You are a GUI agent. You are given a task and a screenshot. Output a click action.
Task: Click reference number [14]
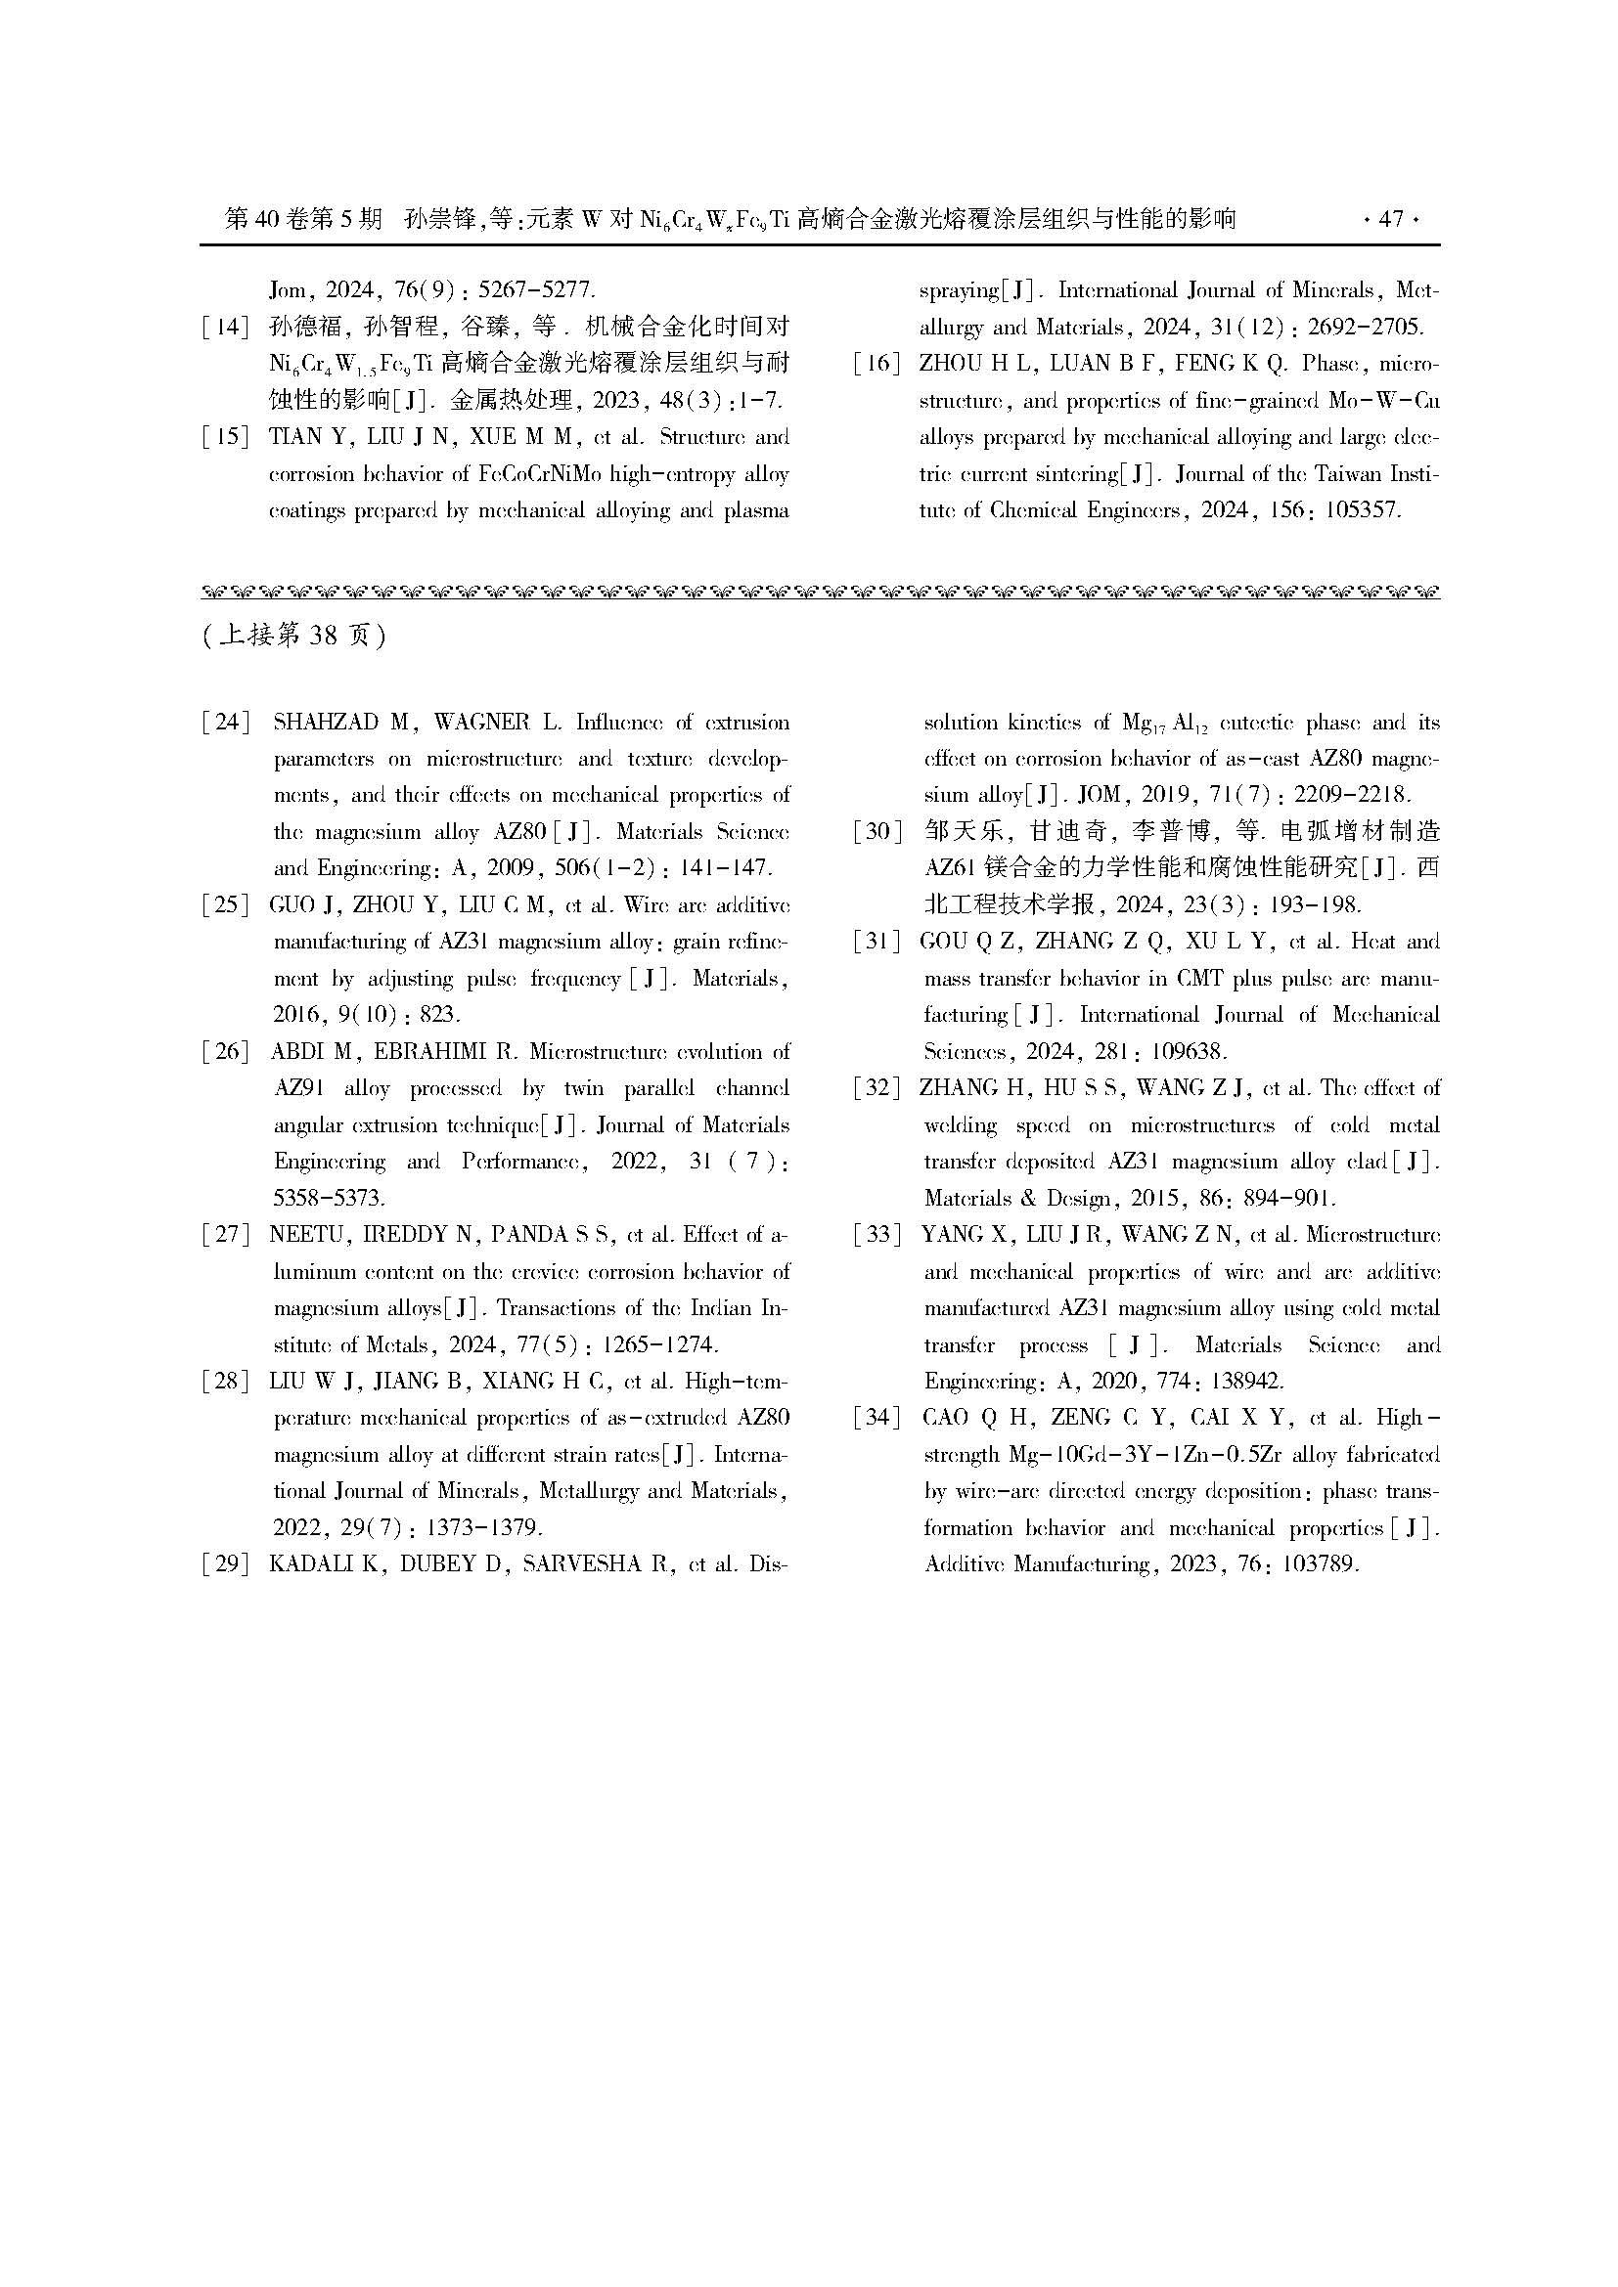[225, 327]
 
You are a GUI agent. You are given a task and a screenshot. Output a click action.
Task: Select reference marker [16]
[876, 364]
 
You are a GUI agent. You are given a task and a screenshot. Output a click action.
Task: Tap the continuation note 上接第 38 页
[293, 636]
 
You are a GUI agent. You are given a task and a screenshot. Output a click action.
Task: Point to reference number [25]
[225, 905]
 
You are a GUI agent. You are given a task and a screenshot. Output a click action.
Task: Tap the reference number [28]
[225, 1382]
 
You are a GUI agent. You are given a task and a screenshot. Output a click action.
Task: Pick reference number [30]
[876, 832]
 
